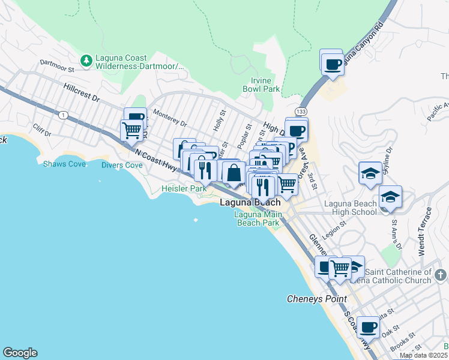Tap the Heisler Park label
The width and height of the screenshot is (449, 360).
(184, 188)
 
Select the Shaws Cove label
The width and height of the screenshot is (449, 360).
(64, 164)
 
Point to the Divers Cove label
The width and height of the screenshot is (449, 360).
(122, 165)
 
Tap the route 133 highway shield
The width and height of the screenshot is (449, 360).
(301, 112)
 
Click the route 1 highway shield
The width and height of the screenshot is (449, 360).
(64, 115)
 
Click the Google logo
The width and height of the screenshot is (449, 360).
(20, 353)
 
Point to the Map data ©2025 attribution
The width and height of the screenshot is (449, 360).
(424, 355)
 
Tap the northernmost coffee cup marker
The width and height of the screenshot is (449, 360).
(332, 63)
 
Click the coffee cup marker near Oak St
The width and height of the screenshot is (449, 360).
(369, 327)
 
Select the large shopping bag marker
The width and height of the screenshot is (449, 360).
(233, 173)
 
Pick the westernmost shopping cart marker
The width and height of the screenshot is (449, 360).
(131, 130)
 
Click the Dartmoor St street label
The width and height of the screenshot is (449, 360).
(56, 65)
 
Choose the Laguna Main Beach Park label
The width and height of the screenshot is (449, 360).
(257, 218)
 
